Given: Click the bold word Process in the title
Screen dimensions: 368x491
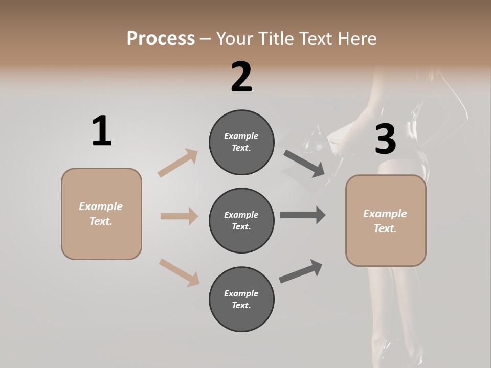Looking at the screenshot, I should (161, 39).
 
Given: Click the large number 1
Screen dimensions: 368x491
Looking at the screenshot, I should (102, 131).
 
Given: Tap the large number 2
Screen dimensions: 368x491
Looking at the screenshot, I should (241, 77).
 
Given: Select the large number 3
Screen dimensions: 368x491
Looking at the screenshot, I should (385, 140).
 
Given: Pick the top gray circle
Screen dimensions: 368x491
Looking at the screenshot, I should (241, 142).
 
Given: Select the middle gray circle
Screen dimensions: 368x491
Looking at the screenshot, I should (241, 220).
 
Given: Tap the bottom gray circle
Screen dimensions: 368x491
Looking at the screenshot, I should (241, 299).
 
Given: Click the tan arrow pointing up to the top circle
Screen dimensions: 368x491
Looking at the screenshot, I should (178, 163).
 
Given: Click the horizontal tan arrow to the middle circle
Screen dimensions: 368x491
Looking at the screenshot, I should (179, 216).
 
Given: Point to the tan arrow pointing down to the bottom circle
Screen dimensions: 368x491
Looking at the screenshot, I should (179, 272).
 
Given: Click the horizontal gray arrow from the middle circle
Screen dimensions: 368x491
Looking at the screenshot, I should (303, 215).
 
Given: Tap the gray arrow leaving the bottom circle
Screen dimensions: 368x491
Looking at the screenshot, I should (301, 271).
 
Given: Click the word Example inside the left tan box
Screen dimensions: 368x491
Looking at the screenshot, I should (101, 206).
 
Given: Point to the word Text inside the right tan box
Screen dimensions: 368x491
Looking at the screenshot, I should (385, 228).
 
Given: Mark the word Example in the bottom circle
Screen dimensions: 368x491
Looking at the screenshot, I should (241, 293).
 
